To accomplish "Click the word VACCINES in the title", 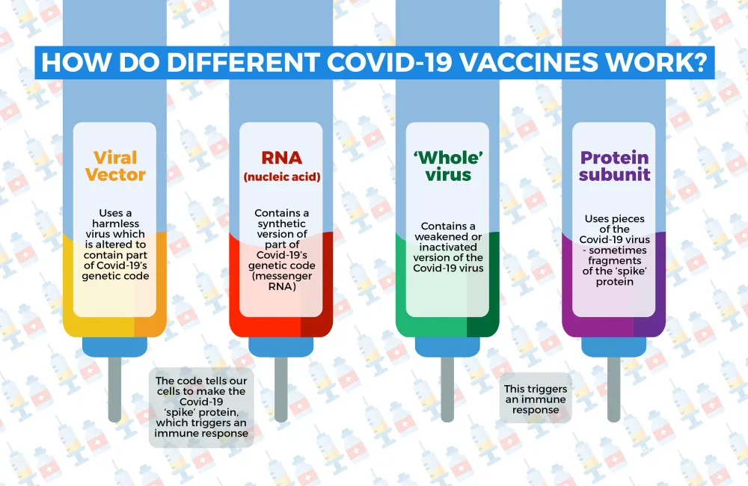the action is click(x=530, y=63).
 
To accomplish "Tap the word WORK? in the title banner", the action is click(x=657, y=63).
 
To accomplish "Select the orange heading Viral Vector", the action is click(x=115, y=166).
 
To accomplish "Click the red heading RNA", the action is click(x=282, y=158).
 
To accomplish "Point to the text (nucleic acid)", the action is click(x=282, y=177).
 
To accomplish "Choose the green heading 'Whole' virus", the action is click(x=448, y=166).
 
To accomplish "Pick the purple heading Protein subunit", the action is click(x=614, y=166).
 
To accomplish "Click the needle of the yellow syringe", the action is click(x=114, y=390).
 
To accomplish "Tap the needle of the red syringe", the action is click(x=281, y=390).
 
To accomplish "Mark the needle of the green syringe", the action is click(x=447, y=390).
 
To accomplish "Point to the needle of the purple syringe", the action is click(x=614, y=390).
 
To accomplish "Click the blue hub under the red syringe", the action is click(x=281, y=347).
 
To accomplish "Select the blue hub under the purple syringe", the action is click(x=614, y=347).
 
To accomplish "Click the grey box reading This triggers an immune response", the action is click(x=536, y=399).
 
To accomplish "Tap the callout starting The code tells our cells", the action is click(x=201, y=407).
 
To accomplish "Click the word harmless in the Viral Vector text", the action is click(x=115, y=224).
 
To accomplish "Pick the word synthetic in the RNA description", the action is click(x=282, y=224).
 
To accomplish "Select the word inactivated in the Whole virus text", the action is click(x=448, y=247).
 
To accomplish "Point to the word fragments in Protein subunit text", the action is click(x=614, y=261).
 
